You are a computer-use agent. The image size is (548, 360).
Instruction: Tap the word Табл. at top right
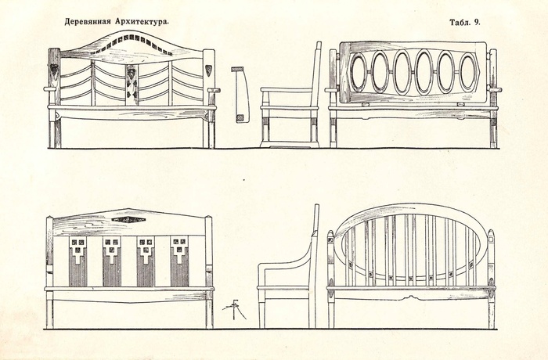click(x=459, y=23)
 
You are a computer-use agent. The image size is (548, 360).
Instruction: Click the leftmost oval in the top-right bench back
click(x=359, y=73)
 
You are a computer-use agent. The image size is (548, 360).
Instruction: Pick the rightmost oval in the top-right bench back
click(x=467, y=73)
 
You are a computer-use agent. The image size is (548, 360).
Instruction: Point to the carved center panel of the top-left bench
click(x=132, y=81)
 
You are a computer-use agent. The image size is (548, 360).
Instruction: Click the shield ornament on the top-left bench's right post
click(x=209, y=70)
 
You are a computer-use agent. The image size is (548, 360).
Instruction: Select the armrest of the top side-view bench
click(x=285, y=90)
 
